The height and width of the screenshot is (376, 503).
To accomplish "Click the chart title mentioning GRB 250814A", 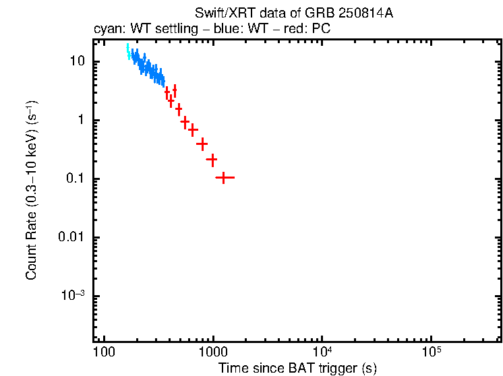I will pos(293,14).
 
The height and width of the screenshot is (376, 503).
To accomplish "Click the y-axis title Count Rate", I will pos(31,191).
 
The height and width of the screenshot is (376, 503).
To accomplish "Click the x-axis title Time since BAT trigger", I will pos(297,368).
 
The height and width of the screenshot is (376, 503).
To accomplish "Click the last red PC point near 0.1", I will pos(224,177).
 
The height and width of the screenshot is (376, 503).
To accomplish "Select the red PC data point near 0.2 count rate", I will pos(212,160).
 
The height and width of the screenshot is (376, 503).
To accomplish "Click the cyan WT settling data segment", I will pos(128,52).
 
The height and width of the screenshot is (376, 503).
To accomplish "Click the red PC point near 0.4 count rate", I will pos(202,144).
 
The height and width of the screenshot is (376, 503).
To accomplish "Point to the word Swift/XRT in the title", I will pos(218,14).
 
